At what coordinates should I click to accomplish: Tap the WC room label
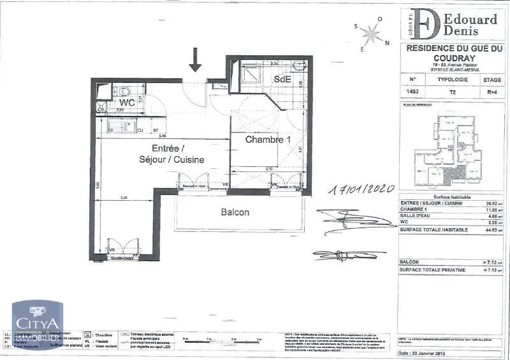127,102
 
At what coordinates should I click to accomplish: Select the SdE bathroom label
282,79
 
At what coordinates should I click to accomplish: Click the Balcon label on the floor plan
235,212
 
